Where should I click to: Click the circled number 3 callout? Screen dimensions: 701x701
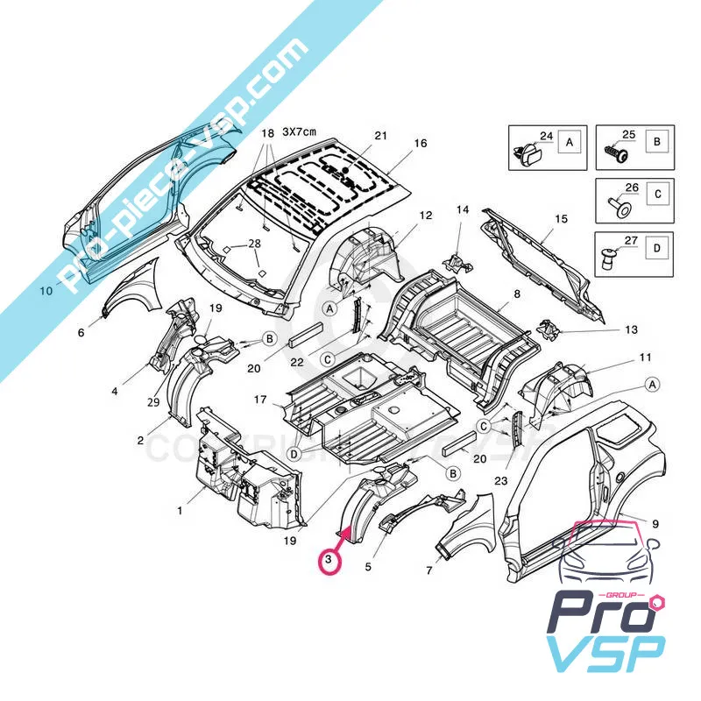pyautogui.click(x=329, y=558)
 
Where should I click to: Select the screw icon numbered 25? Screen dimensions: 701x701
pyautogui.click(x=614, y=152)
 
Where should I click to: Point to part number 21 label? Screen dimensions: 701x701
pyautogui.click(x=379, y=136)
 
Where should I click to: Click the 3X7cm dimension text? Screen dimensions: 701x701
pyautogui.click(x=299, y=131)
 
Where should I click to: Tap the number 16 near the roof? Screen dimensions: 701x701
pyautogui.click(x=420, y=143)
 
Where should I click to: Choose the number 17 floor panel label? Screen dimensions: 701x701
pyautogui.click(x=260, y=400)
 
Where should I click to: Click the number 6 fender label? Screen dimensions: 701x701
pyautogui.click(x=81, y=333)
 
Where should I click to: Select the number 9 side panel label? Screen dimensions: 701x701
pyautogui.click(x=655, y=523)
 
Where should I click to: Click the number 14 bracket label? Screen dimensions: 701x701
pyautogui.click(x=463, y=209)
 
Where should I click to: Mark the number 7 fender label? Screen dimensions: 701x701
pyautogui.click(x=428, y=571)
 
